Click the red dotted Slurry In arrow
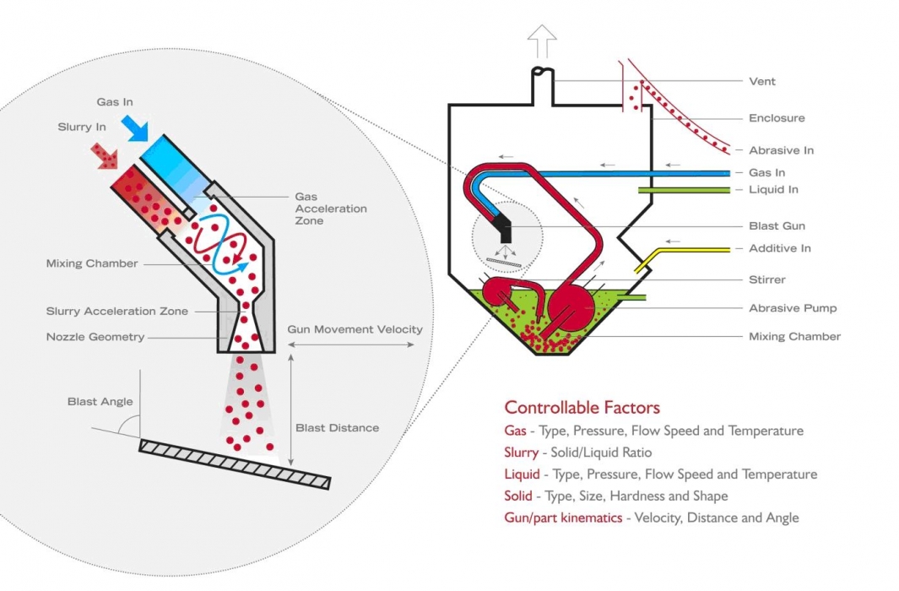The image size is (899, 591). click(104, 155)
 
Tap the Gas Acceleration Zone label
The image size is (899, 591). click(319, 209)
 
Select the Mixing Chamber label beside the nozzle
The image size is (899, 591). click(92, 263)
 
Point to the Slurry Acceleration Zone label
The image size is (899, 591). click(117, 312)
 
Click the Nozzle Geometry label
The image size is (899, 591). click(95, 337)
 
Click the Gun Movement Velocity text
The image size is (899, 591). click(355, 329)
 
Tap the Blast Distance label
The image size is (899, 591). click(337, 428)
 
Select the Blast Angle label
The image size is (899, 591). click(100, 402)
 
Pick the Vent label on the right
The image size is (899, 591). click(761, 82)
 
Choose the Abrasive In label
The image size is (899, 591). click(781, 150)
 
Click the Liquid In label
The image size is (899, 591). click(772, 190)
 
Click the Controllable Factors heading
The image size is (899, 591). click(582, 408)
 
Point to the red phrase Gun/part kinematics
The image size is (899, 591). click(563, 518)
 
